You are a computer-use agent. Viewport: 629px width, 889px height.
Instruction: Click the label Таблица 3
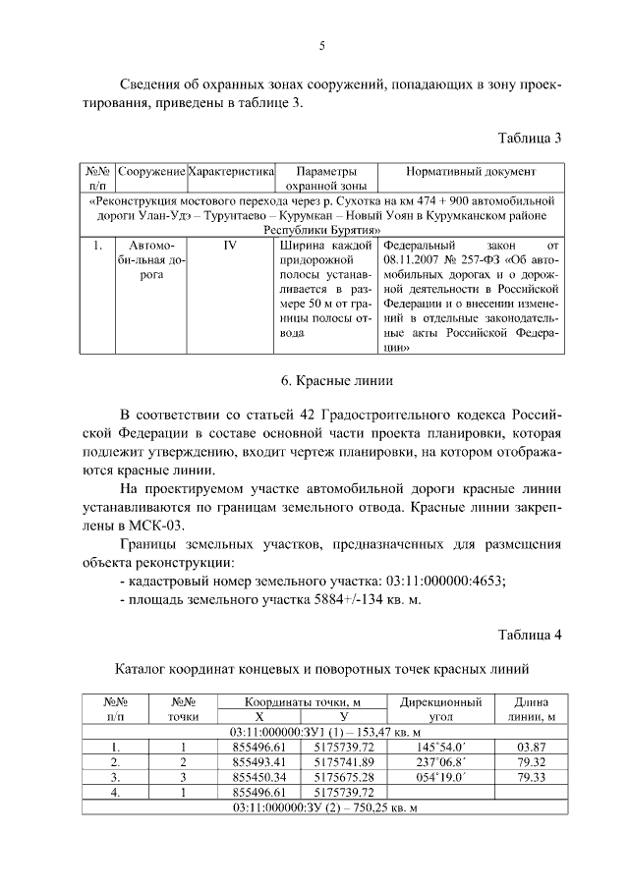[529, 137]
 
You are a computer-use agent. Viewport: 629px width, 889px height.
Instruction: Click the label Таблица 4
[529, 634]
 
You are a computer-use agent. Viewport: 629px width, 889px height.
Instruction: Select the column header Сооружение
[151, 171]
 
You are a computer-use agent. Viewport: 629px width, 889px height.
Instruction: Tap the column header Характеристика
[230, 171]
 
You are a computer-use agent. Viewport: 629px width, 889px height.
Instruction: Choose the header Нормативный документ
[471, 171]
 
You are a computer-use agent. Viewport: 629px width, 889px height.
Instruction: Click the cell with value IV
[230, 245]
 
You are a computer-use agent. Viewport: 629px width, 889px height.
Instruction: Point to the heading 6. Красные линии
[324, 380]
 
